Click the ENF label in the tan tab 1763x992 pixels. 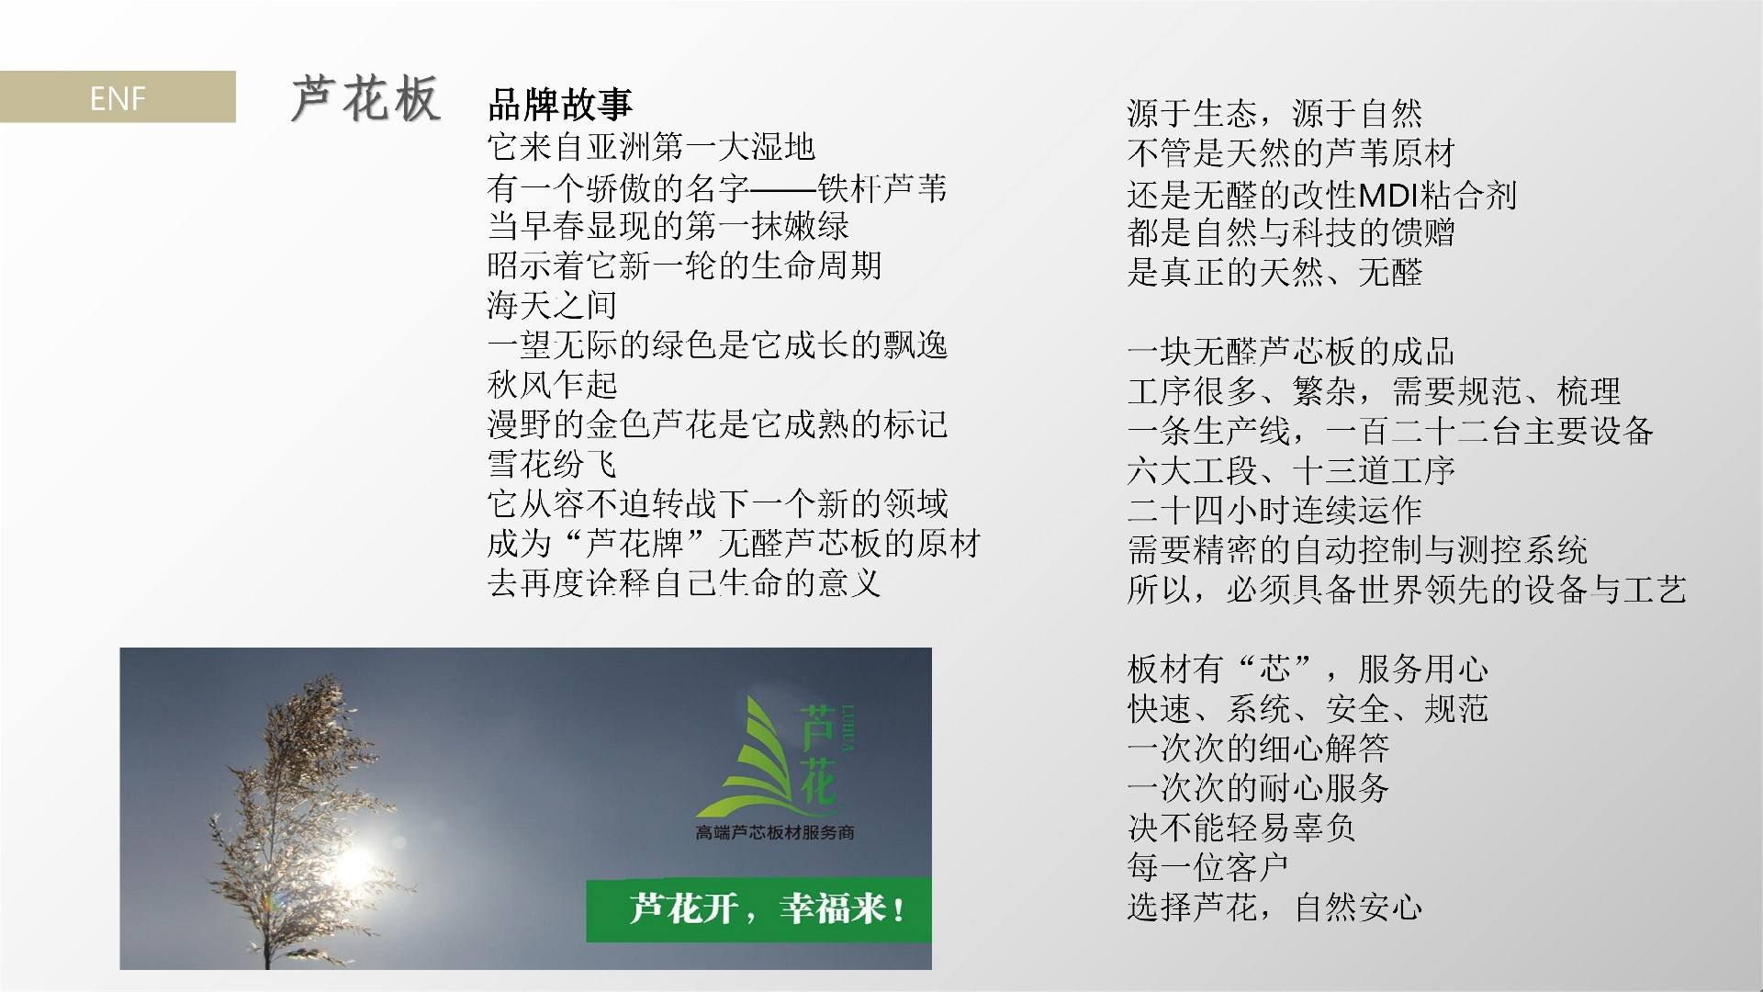click(118, 97)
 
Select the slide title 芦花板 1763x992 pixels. click(365, 98)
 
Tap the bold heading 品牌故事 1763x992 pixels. click(560, 105)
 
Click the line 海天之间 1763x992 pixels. click(552, 305)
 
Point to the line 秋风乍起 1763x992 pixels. click(552, 384)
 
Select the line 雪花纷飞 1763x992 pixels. click(552, 464)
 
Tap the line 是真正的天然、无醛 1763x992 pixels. click(1275, 273)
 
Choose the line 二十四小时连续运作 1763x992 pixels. click(1275, 510)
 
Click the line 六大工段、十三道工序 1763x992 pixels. click(1291, 470)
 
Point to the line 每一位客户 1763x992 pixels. click(1207, 867)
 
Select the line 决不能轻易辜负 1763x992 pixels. click(1241, 828)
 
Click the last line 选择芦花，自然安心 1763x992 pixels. click(1275, 907)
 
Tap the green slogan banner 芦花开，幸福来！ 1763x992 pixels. click(758, 910)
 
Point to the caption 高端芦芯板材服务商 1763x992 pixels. click(776, 832)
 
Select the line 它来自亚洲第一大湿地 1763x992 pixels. click(651, 147)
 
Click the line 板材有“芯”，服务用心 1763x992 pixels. click(1308, 669)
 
